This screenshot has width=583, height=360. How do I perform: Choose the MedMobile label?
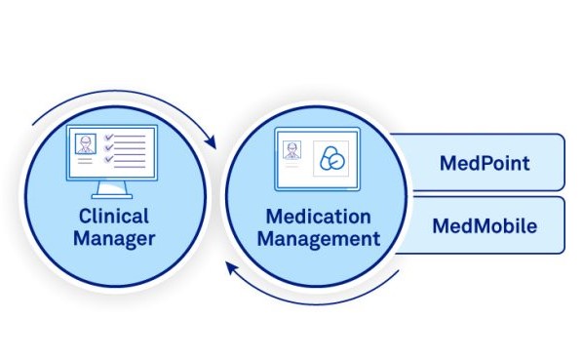[x=484, y=225]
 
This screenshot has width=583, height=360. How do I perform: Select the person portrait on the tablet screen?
[x=291, y=150]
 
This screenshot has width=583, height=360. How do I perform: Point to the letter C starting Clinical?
[x=82, y=216]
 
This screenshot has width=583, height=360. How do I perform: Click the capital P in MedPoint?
[x=483, y=162]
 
